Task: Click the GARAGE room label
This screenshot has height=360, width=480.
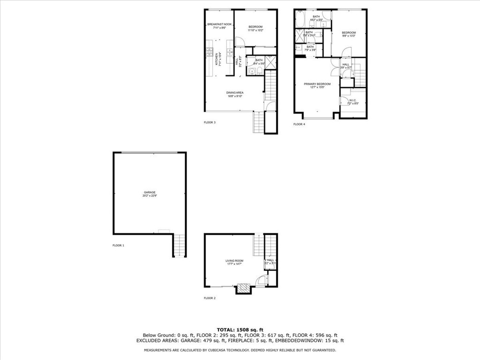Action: tap(150, 192)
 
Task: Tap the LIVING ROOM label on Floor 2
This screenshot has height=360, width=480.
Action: tap(234, 261)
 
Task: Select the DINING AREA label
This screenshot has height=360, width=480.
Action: tap(235, 93)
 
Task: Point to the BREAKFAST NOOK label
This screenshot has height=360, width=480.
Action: tap(219, 25)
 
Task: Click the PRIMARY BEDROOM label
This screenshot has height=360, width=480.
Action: tap(317, 84)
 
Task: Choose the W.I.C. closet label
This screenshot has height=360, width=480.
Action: tap(352, 100)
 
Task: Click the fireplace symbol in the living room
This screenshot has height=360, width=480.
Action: tap(244, 288)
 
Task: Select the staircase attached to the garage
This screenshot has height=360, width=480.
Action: tap(180, 245)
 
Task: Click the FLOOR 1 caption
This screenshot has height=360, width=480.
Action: tap(118, 245)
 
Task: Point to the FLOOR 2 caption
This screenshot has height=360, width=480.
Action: tap(210, 298)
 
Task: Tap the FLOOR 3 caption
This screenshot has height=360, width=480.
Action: tap(210, 122)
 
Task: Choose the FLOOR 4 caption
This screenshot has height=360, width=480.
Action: tap(299, 124)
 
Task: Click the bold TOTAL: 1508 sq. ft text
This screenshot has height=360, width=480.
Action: tap(240, 329)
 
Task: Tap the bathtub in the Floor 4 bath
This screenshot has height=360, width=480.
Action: tap(300, 19)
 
